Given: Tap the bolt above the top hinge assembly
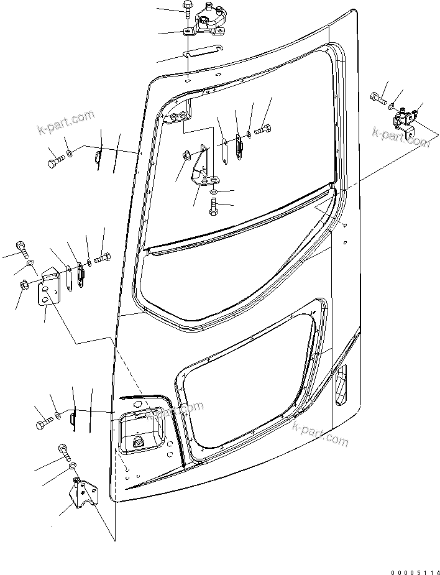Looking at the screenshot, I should (188, 9).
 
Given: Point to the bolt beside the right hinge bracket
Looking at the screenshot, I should (377, 97).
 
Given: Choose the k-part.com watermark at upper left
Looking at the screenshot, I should (65, 124).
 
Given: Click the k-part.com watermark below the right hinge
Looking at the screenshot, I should (401, 137).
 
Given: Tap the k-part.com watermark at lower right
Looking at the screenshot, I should (320, 433).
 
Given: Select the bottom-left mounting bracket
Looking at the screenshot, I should (82, 495).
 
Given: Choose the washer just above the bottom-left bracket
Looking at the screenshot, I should (72, 467).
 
